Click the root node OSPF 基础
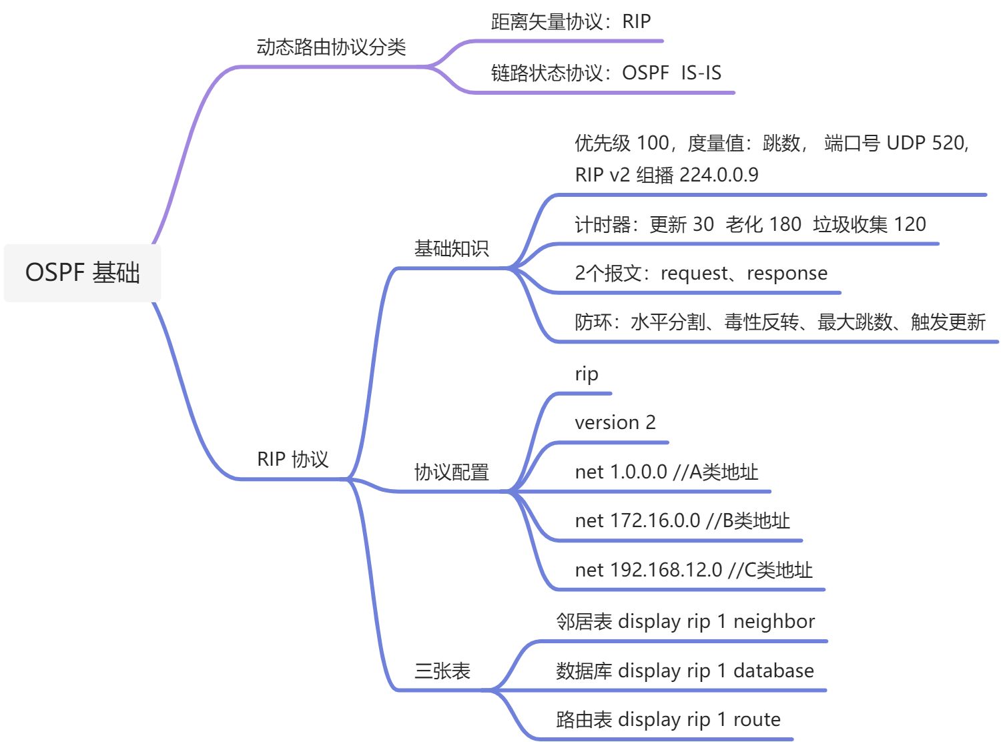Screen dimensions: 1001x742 pos(82,273)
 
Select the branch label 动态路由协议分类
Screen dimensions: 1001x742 pos(331,47)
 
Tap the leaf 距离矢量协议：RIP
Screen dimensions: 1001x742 pos(571,22)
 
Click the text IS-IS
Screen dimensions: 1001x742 pos(701,73)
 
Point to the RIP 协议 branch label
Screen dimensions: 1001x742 pos(293,459)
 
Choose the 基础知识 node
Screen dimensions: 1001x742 pos(452,249)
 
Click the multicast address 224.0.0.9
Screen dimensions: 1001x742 pos(719,175)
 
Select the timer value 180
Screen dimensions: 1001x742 pos(785,224)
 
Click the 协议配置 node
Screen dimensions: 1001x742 pos(452,472)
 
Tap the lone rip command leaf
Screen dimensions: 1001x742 pos(587,374)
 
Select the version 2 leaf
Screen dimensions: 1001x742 pos(615,422)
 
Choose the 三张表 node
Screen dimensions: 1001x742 pos(442,671)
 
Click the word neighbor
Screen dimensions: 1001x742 pos(774,622)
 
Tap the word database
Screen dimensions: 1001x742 pos(773,671)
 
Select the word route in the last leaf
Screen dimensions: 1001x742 pos(757,719)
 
